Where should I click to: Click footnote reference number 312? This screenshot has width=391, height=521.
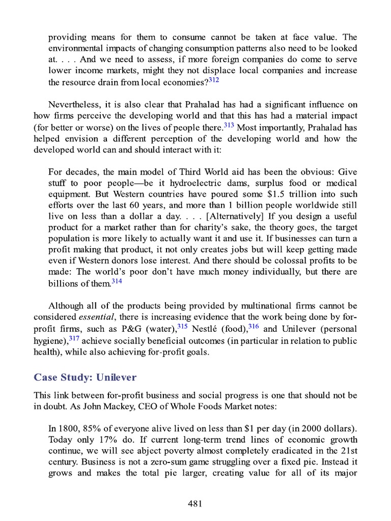pos(214,79)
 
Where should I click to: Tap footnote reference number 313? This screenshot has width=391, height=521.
pos(229,125)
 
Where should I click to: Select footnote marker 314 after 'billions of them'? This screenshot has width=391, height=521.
pos(117,281)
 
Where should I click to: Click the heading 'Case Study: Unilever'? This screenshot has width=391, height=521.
pos(85,377)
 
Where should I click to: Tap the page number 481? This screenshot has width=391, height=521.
pos(195,504)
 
